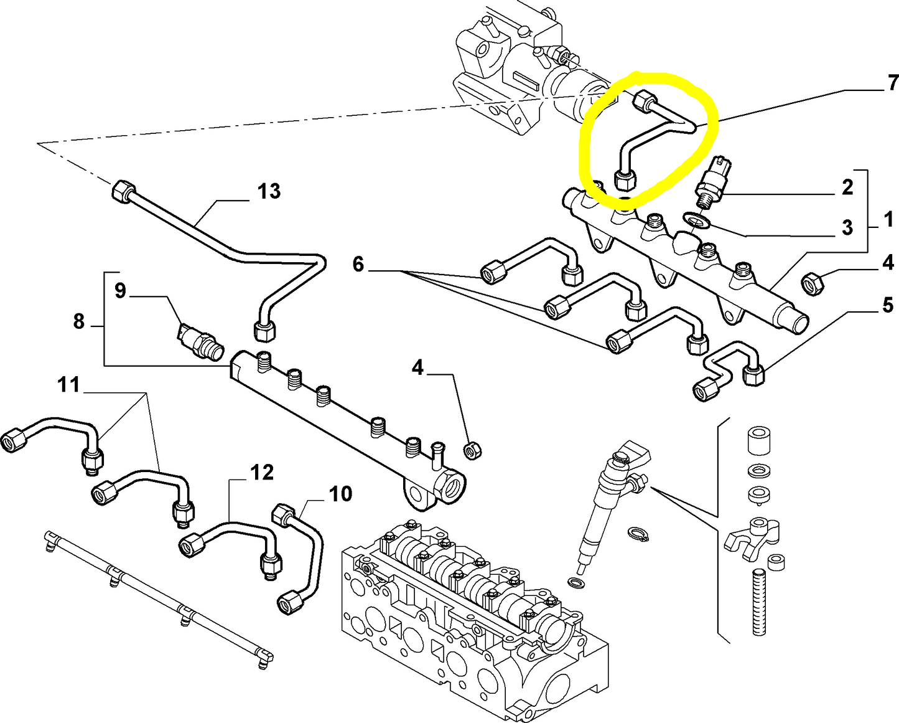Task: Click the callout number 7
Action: (892, 82)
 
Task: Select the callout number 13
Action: (269, 191)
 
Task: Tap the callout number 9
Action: (120, 290)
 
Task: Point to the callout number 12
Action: (262, 473)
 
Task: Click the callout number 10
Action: (340, 494)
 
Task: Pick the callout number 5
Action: (888, 306)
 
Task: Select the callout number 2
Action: (847, 187)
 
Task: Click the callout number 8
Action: (78, 321)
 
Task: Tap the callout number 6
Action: (358, 265)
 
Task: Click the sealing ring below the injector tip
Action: (577, 583)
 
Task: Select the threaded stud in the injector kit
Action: (758, 603)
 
